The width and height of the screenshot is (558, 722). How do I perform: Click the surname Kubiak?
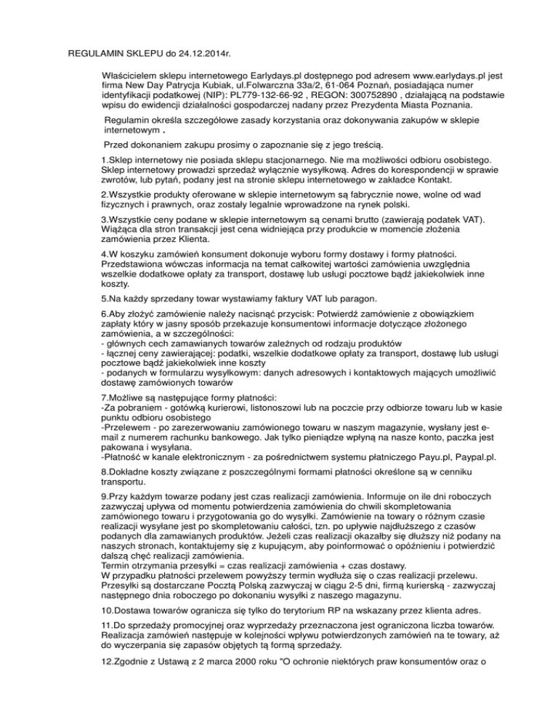166,85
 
